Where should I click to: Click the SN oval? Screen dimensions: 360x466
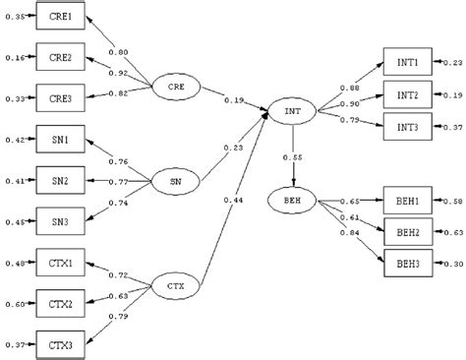(174, 180)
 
